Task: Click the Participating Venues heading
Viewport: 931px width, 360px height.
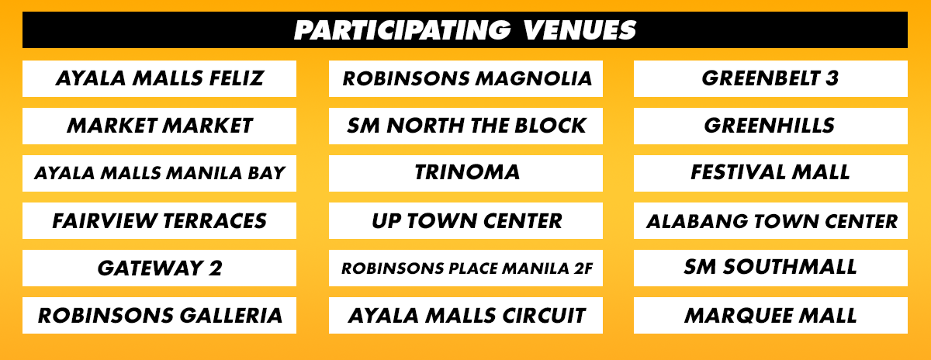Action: [465, 30]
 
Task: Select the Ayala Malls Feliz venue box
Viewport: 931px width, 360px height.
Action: [159, 78]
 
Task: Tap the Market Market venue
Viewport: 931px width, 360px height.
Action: [159, 126]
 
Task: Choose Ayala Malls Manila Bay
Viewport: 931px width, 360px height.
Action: [159, 173]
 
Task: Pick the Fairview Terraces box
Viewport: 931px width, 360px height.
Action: [159, 221]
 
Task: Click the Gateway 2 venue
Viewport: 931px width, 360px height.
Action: [159, 268]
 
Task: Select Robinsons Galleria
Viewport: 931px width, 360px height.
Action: [159, 316]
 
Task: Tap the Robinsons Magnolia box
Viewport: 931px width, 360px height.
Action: [466, 78]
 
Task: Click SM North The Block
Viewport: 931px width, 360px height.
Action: [466, 126]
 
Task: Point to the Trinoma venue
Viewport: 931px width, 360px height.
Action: [466, 173]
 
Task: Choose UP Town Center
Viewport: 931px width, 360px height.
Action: [466, 221]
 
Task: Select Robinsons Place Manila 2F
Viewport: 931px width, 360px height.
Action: [466, 268]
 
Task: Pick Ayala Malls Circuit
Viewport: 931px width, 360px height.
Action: [466, 316]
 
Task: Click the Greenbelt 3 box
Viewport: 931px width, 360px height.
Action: [770, 78]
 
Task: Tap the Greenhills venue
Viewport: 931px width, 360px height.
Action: [770, 126]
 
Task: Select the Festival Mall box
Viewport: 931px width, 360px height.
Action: [770, 173]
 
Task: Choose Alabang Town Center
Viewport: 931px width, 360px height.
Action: [770, 221]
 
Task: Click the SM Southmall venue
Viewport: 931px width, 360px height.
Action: [770, 268]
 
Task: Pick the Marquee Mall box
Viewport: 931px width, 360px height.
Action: [770, 316]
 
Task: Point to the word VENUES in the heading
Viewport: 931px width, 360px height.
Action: [580, 30]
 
